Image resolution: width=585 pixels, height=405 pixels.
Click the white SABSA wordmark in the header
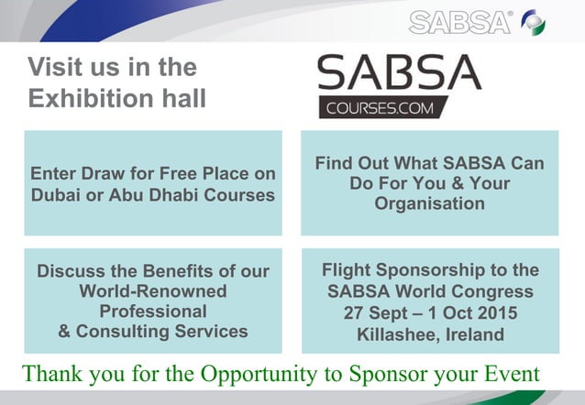pyautogui.click(x=460, y=22)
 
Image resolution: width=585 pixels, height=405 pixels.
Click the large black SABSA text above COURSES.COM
pyautogui.click(x=398, y=73)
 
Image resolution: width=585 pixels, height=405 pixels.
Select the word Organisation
pyautogui.click(x=429, y=203)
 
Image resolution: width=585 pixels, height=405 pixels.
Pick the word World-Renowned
pyautogui.click(x=153, y=291)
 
